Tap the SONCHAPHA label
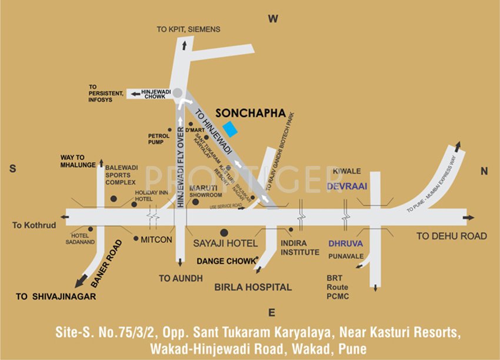point(251,113)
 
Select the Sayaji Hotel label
point(225,243)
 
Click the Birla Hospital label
point(253,287)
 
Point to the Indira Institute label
point(300,248)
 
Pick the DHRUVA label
point(345,242)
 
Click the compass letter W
point(273,19)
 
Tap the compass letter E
point(271,312)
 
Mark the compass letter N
point(484,171)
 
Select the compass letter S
point(12,169)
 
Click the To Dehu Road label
point(452,236)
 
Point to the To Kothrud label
point(34,225)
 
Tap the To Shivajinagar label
point(56,296)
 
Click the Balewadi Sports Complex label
point(121,175)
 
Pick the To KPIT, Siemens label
point(188,29)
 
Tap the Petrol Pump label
point(158,138)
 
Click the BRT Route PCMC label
point(338,287)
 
